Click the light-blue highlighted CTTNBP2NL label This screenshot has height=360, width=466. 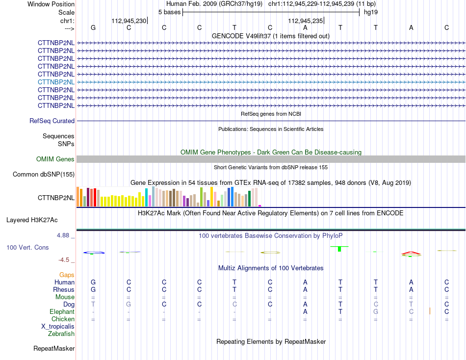tap(56, 82)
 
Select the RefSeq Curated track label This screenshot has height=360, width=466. tap(52, 121)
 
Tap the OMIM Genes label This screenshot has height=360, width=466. tap(55, 159)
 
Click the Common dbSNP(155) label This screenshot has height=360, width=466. tap(44, 174)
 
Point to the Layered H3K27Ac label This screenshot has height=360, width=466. tap(32, 220)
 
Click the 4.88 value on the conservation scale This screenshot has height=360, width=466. tap(63, 235)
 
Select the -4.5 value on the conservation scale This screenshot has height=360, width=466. tap(64, 260)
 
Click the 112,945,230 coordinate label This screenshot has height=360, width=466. tap(129, 21)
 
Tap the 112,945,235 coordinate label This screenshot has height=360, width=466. tap(305, 21)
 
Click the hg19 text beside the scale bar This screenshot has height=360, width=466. tap(371, 12)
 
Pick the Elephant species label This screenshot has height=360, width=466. tap(62, 311)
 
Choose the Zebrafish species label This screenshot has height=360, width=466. tap(61, 334)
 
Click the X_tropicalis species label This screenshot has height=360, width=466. tap(58, 327)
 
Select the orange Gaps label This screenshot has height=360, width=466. tap(67, 275)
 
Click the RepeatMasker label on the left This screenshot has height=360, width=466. tap(54, 348)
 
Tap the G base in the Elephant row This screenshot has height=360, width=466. tap(376, 311)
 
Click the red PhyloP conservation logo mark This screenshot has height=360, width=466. tap(411, 253)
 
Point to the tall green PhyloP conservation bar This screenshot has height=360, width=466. tap(339, 249)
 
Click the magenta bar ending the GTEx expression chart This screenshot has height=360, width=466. tap(260, 206)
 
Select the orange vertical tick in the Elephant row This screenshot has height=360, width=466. tap(430, 311)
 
